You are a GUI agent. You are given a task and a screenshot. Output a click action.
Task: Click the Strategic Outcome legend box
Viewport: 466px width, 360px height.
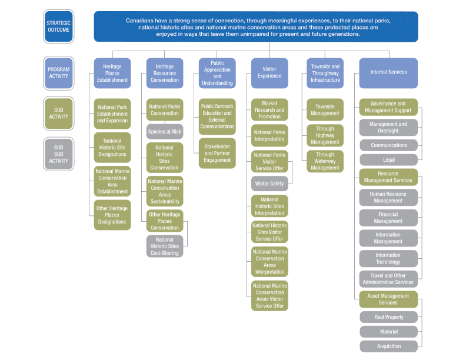[x=59, y=26]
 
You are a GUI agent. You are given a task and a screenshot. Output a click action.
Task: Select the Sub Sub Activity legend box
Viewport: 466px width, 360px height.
[x=59, y=154]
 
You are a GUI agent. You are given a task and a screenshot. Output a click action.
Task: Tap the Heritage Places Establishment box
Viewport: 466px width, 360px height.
[x=112, y=73]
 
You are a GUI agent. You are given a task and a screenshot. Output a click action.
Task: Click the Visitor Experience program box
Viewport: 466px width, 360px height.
[x=269, y=73]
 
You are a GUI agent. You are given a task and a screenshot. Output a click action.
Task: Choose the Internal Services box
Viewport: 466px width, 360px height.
[x=388, y=72]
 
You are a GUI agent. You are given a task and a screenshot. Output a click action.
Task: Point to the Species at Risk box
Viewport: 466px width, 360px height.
[x=165, y=132]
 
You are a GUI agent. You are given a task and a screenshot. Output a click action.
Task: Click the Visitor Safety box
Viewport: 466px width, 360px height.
[x=269, y=184]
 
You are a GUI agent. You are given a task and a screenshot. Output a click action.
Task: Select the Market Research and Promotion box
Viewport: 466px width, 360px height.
[x=269, y=109]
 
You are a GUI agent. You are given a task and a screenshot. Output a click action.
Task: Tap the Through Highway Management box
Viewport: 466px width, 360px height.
[x=325, y=135]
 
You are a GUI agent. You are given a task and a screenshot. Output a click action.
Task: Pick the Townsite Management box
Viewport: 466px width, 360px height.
[x=325, y=109]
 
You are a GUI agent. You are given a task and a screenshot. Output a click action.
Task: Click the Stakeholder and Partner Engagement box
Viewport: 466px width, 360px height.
[x=217, y=153]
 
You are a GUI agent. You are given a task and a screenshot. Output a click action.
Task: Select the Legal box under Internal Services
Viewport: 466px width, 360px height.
[x=388, y=159]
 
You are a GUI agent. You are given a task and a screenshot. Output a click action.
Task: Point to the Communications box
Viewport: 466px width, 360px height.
[x=388, y=145]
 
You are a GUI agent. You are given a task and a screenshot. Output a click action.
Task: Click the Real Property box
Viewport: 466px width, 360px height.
[x=388, y=317]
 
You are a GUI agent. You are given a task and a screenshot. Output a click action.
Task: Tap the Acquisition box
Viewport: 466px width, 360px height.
[x=388, y=346]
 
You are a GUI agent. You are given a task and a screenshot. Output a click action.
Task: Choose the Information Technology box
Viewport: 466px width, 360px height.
[x=388, y=259]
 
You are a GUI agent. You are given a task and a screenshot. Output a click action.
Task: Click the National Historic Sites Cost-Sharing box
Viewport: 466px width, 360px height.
[x=165, y=246]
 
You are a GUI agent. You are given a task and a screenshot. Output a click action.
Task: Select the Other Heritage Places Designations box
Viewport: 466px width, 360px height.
[x=112, y=215]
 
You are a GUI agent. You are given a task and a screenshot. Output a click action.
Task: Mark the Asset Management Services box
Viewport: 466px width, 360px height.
[x=388, y=299]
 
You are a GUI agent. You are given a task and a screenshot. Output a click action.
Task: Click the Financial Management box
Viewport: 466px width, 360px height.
[x=388, y=218]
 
